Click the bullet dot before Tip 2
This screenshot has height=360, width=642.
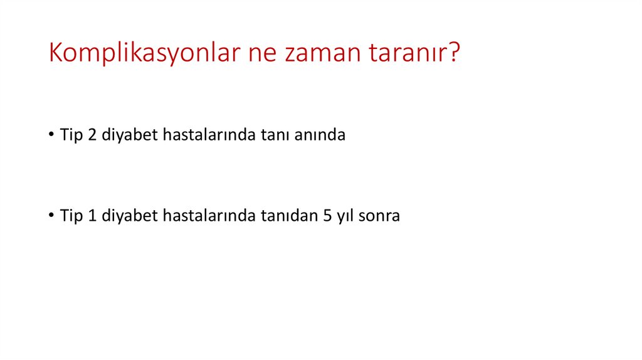pyautogui.click(x=50, y=135)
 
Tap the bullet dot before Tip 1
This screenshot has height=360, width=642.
pyautogui.click(x=50, y=216)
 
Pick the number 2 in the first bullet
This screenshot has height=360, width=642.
pyautogui.click(x=91, y=135)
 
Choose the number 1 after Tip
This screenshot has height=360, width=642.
pyautogui.click(x=91, y=216)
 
